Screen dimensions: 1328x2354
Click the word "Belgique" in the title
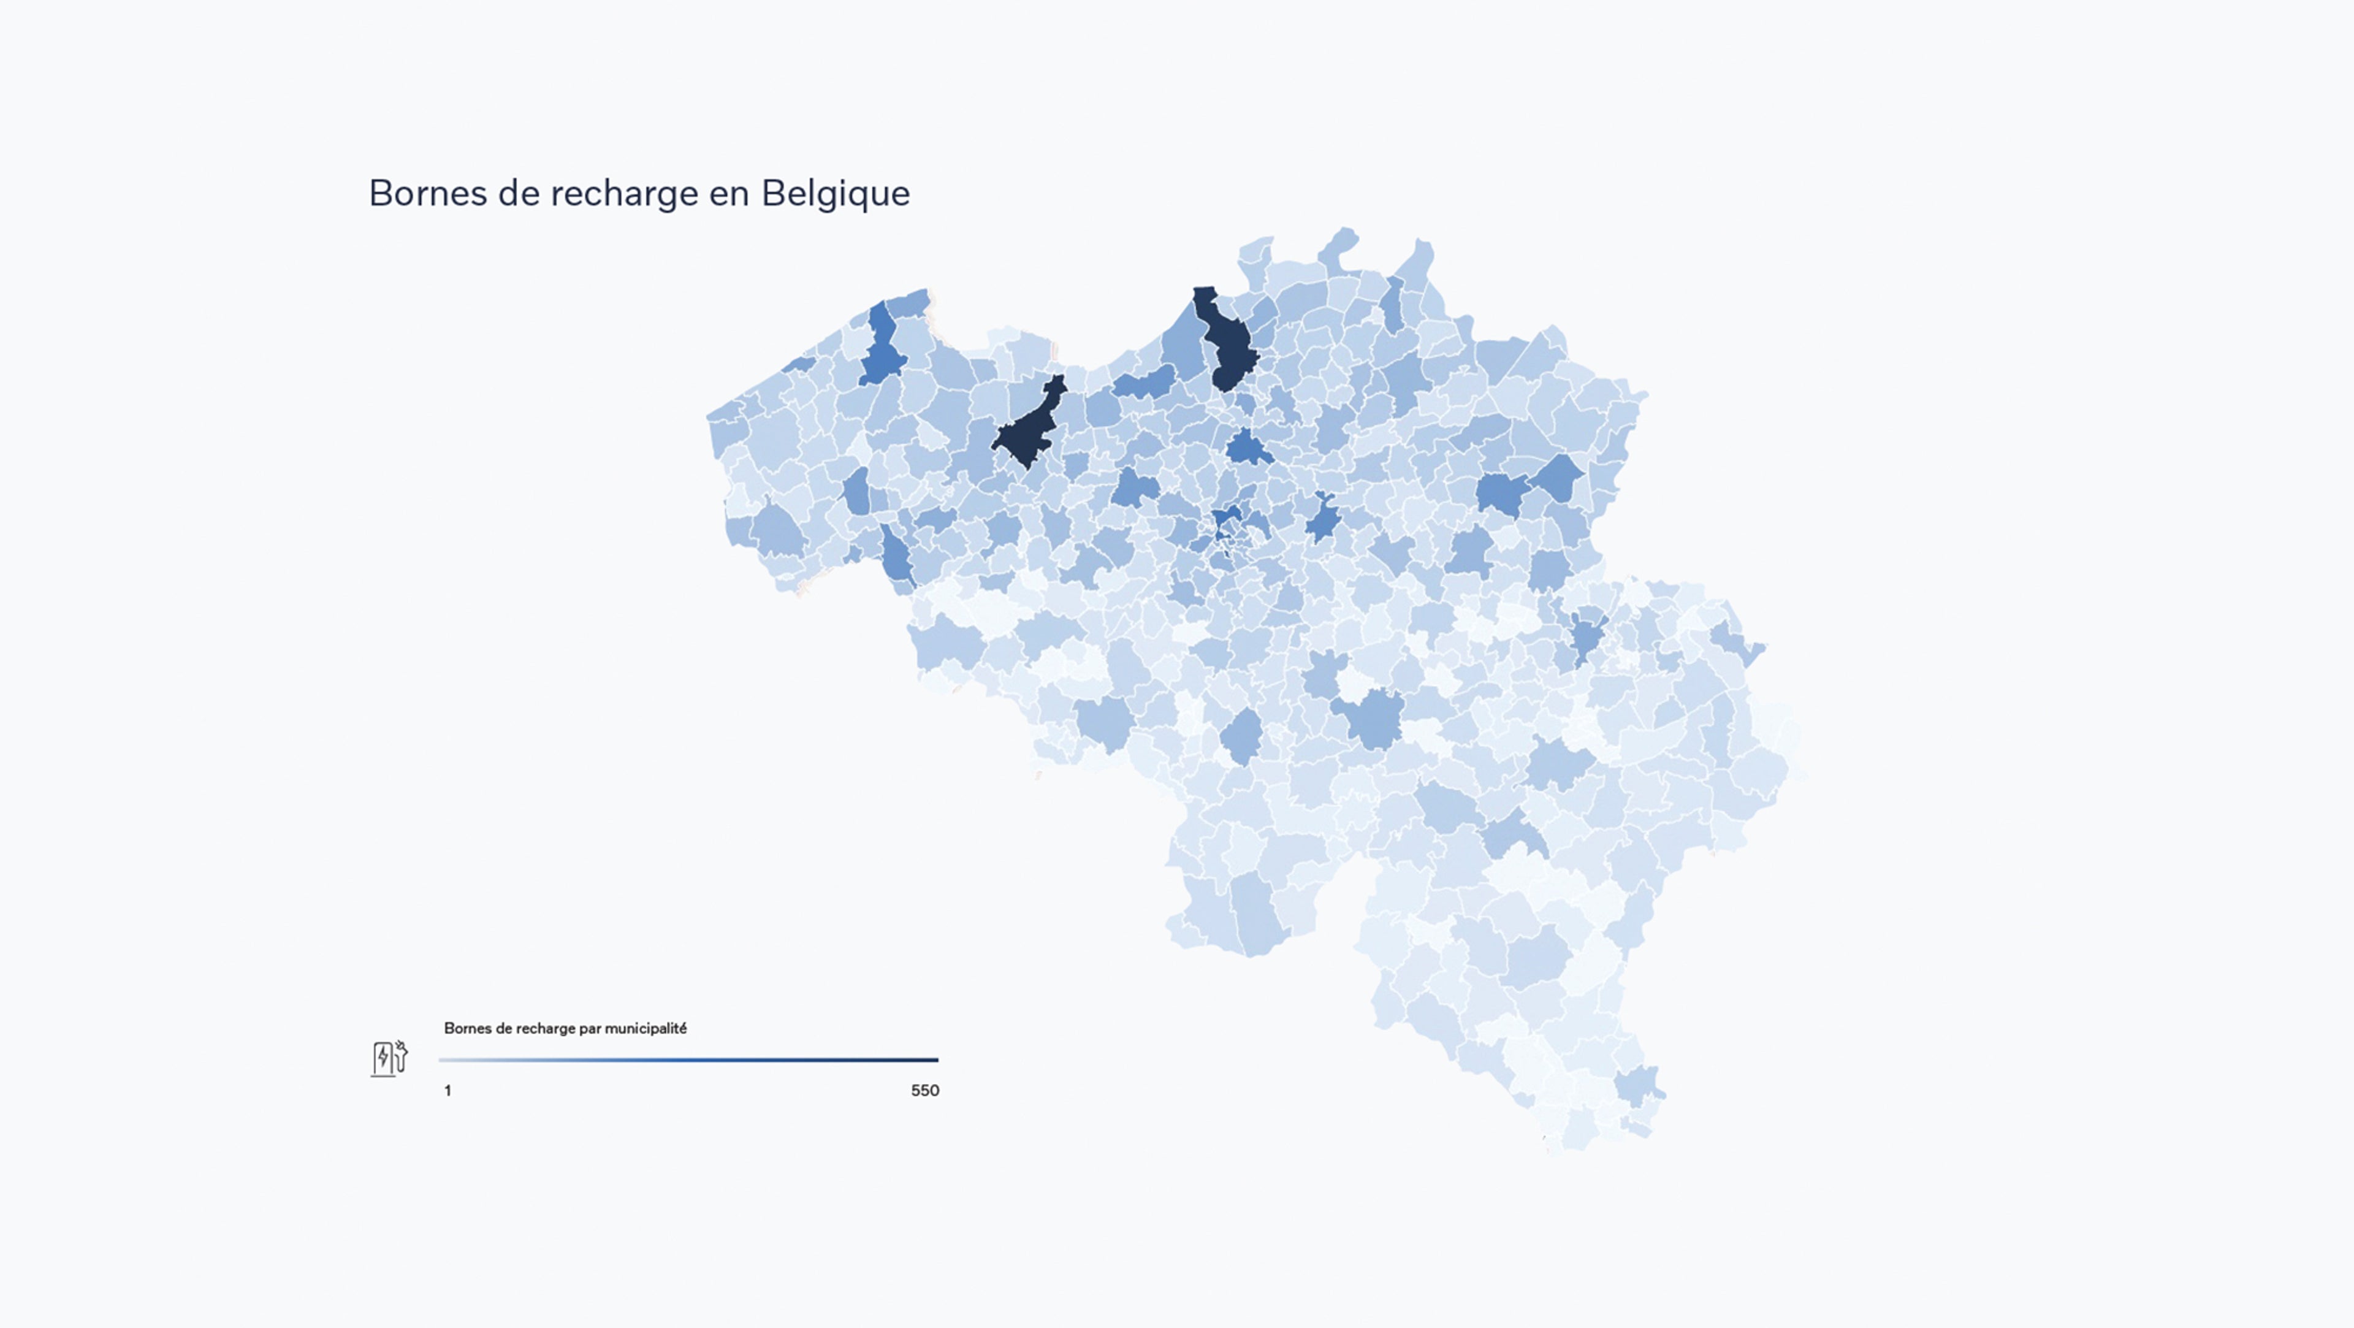835,194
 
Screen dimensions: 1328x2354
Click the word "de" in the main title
518,194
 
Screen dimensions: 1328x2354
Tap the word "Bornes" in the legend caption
468,1028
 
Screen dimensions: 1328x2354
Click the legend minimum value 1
448,1090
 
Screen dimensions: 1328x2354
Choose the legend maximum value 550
925,1090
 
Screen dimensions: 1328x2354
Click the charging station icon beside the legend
389,1058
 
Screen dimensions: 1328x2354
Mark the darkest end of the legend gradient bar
934,1060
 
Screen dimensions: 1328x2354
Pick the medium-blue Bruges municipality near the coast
881,347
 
